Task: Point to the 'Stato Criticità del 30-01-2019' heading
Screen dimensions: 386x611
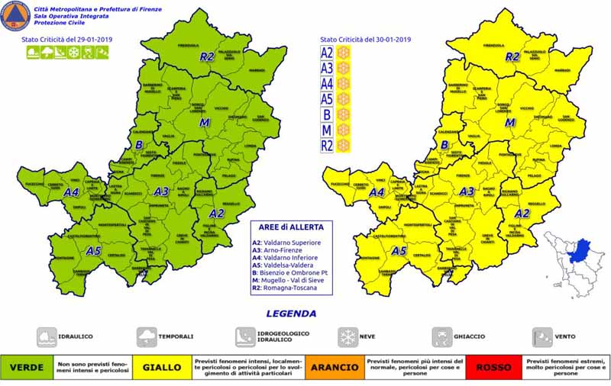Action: click(365, 39)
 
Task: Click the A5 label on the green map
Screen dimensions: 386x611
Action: click(93, 250)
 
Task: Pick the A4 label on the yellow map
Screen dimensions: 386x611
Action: click(377, 193)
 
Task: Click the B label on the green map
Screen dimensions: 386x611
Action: click(139, 144)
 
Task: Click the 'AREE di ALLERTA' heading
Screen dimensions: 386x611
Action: click(293, 227)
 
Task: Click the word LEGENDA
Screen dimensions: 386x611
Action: click(291, 313)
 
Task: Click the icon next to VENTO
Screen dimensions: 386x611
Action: click(542, 336)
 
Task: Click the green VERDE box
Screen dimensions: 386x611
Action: click(26, 367)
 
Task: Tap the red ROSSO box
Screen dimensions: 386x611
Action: click(493, 367)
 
